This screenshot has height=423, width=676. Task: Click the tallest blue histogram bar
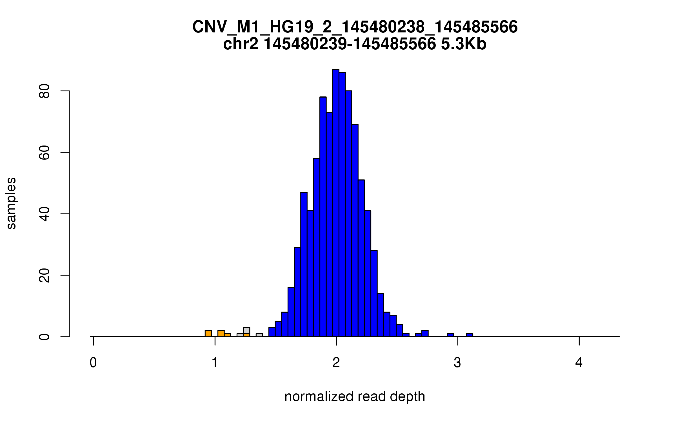coord(335,203)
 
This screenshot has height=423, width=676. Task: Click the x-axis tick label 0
coord(93,363)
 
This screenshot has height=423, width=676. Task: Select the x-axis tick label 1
coord(215,363)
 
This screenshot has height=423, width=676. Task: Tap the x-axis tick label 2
coord(336,363)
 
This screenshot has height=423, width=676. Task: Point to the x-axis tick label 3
coord(457,363)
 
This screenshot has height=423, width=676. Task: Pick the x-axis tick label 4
coord(579,363)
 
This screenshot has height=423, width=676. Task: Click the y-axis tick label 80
coord(45,91)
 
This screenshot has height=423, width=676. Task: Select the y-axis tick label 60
coord(45,153)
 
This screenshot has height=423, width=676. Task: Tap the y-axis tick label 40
coord(45,214)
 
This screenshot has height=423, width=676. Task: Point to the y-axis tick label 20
coord(45,275)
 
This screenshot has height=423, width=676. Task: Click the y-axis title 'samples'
coord(11,203)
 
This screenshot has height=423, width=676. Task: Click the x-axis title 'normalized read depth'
coord(355,396)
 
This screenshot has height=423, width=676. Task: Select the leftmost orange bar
coord(208,334)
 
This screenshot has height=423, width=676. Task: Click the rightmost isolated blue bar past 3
coord(470,335)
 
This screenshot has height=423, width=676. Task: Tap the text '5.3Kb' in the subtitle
coord(464,44)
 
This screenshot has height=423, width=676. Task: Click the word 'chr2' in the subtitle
coord(241,44)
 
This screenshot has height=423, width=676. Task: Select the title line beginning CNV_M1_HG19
coord(355,27)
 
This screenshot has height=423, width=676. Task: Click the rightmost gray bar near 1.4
coord(259,335)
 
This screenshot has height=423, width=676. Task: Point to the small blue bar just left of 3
coord(450,335)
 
